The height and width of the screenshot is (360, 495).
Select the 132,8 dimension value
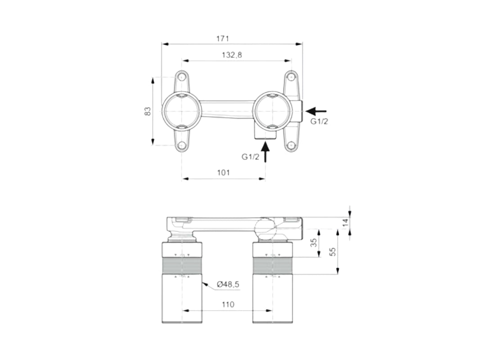point(232,54)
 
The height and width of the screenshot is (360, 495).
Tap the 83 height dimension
point(147,111)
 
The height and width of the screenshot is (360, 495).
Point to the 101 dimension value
point(224,173)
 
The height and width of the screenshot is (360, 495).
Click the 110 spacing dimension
point(228,305)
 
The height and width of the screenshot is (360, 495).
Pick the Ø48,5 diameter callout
point(227,284)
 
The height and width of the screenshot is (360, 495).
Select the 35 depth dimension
point(314,243)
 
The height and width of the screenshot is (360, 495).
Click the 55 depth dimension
point(333,252)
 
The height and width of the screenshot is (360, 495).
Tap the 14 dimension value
point(345,222)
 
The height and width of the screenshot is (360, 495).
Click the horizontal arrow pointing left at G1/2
point(316,111)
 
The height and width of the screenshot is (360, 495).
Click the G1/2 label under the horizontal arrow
point(319,121)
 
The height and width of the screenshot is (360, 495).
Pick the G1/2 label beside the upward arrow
point(250,157)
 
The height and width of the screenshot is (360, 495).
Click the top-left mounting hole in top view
point(182,76)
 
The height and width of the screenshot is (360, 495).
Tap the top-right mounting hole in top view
point(291,76)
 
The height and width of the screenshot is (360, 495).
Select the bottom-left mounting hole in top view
point(182,145)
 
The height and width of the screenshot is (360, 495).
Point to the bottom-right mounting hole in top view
point(291,145)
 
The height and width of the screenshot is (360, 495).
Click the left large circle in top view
point(181,111)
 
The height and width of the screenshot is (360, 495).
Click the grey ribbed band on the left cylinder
point(182,266)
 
